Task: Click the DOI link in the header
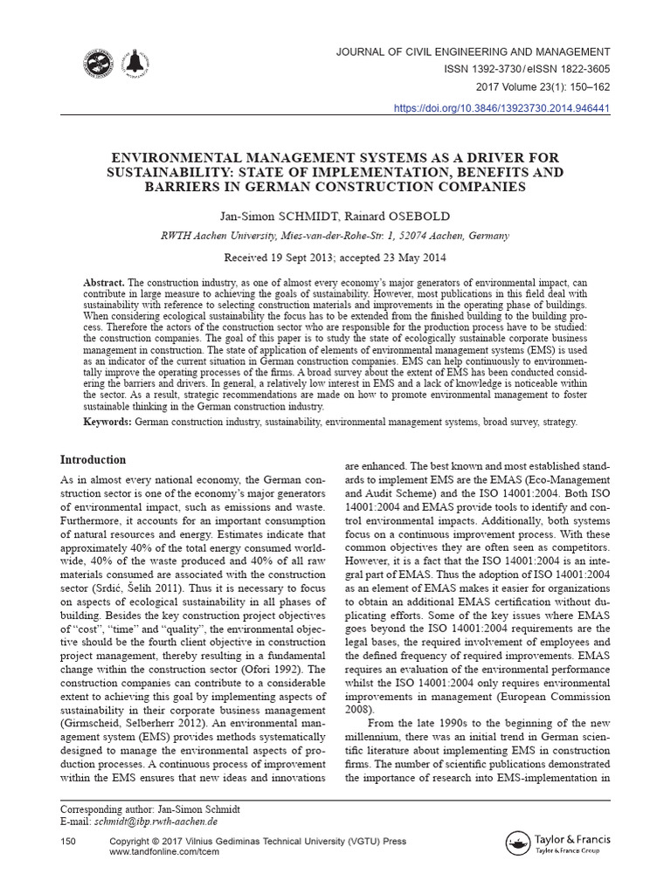502,108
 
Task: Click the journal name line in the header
473,52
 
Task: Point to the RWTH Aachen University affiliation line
335,236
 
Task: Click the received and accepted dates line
335,258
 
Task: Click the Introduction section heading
93,460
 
